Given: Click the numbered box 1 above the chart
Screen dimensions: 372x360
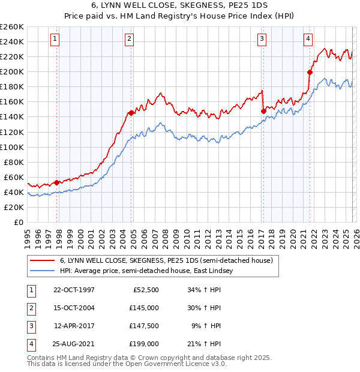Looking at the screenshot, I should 55,39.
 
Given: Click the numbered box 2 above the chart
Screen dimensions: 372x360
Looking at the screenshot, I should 129,39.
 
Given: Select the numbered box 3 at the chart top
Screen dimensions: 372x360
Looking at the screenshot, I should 262,39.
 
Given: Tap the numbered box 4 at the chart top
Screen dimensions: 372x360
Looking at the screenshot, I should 308,39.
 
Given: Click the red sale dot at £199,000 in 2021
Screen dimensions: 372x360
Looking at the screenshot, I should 310,72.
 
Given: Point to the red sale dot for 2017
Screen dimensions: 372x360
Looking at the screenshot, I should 263,111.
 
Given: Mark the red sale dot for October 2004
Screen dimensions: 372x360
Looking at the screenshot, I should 131,113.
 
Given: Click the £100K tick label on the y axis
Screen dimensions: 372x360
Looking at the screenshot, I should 12,147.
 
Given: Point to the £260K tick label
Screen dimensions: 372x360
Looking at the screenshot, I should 12,27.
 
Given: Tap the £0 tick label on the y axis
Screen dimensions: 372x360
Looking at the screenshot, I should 17,223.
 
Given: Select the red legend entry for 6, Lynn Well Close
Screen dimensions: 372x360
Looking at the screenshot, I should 166,260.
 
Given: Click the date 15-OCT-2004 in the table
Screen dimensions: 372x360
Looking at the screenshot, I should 74,308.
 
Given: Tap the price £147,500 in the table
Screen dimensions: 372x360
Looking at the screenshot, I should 144,326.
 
